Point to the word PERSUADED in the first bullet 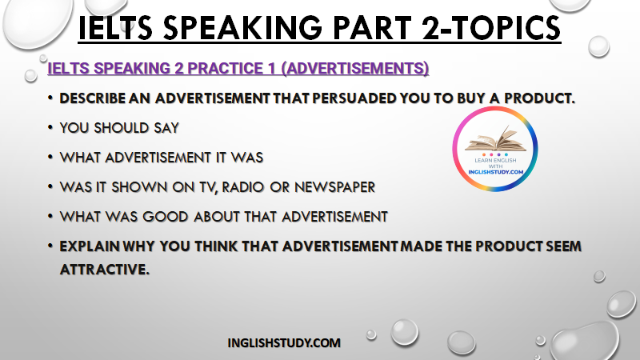pos(354,98)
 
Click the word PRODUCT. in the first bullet pos(539,98)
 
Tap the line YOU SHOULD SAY pos(119,128)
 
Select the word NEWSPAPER pos(334,187)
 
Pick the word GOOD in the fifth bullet pos(165,217)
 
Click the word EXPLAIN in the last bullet pos(90,246)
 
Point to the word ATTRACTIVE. pos(105,270)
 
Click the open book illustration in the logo pos(495,140)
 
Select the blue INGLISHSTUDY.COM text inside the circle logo pos(495,172)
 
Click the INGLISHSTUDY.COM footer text pos(284,343)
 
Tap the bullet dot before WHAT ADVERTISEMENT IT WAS pos(50,157)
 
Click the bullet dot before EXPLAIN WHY pos(50,246)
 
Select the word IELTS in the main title pos(115,28)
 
